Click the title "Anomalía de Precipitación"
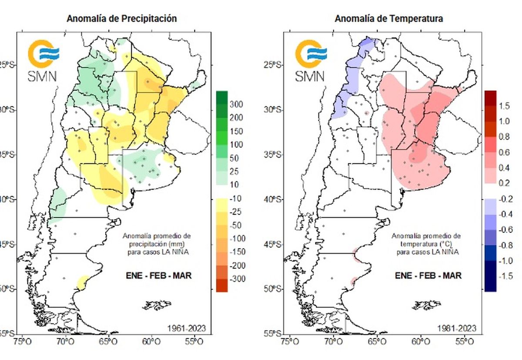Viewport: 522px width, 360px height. [x=121, y=19]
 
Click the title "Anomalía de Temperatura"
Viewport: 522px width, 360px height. [x=388, y=19]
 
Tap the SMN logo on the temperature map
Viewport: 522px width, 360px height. [x=311, y=61]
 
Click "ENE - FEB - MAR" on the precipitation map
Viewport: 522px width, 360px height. [x=159, y=276]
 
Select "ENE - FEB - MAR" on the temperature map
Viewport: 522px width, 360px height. [x=428, y=276]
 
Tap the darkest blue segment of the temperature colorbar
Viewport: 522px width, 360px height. [x=490, y=283]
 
